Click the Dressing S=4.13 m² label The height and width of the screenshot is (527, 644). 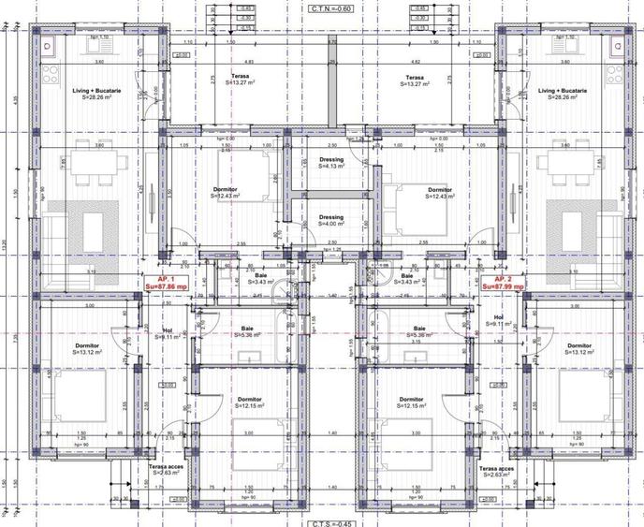point(330,163)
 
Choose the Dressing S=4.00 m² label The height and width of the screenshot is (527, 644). point(330,221)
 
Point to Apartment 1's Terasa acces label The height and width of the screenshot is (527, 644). point(159,470)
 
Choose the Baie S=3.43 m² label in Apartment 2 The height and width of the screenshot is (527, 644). point(405,280)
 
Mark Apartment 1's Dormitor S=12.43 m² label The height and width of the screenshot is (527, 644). point(226,194)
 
